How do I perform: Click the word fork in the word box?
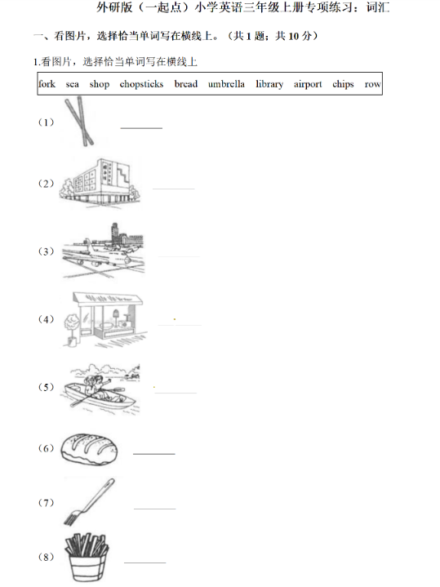click(47, 84)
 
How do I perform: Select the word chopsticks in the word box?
click(141, 84)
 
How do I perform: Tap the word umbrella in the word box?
click(226, 84)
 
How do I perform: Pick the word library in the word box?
click(269, 84)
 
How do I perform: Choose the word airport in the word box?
click(308, 84)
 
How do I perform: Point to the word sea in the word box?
click(73, 85)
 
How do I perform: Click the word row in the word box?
click(372, 85)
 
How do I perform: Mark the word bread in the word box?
click(186, 84)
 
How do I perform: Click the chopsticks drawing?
click(79, 121)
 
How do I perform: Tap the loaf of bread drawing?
click(89, 449)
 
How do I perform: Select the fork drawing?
click(90, 501)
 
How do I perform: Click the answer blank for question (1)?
click(141, 128)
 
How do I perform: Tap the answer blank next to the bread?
click(154, 454)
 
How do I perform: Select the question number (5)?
click(46, 387)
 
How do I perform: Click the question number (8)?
click(46, 557)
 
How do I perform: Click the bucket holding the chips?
click(87, 567)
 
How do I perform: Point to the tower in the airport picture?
click(114, 233)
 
